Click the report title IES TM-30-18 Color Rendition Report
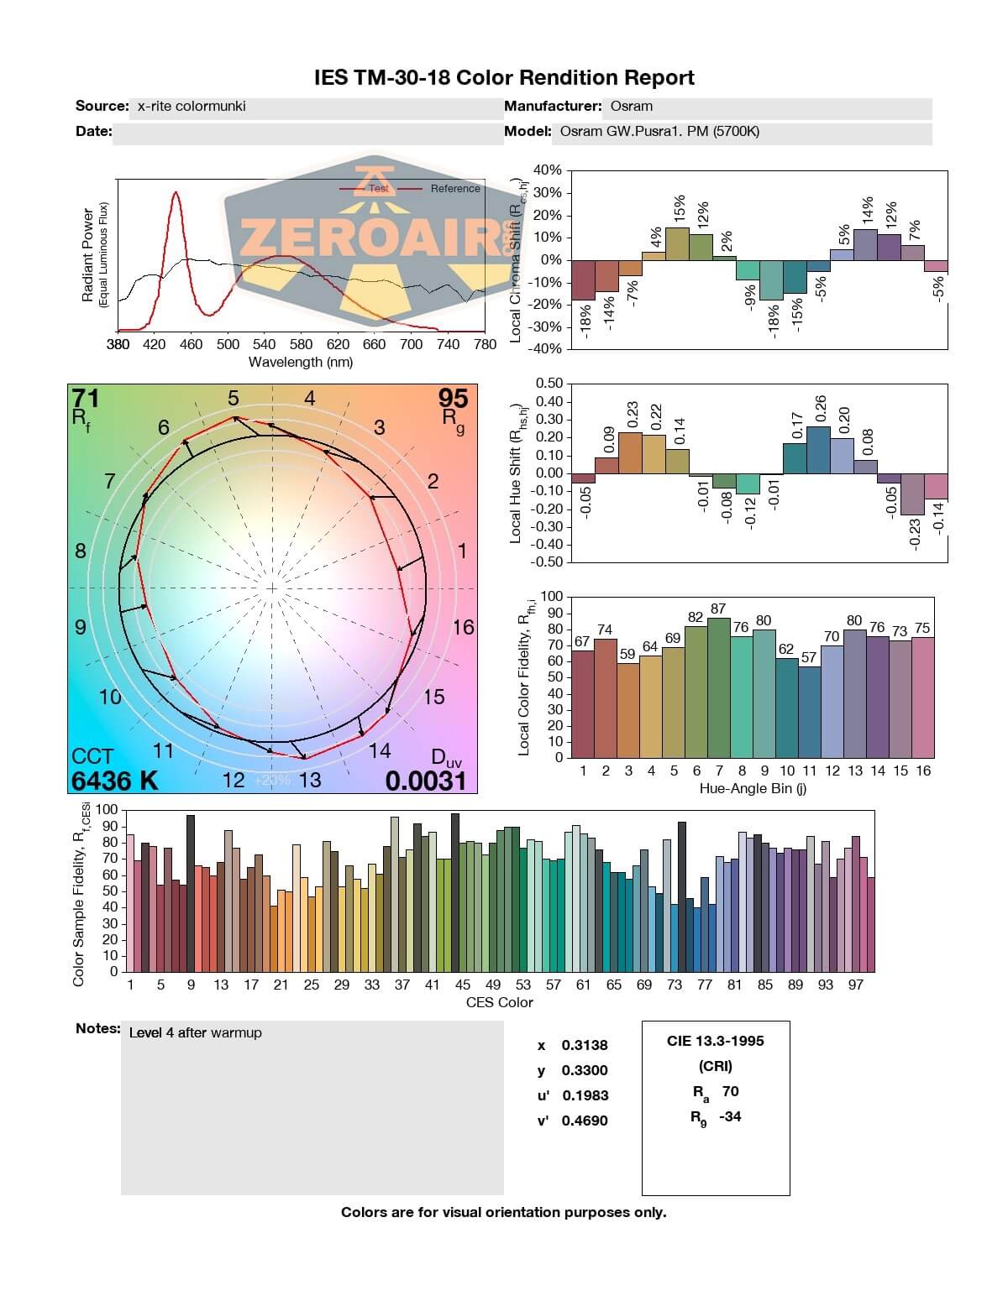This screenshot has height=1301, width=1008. tap(504, 78)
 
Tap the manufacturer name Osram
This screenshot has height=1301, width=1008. tap(632, 107)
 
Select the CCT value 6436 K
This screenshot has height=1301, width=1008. tap(115, 781)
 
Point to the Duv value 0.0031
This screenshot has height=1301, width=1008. tap(425, 781)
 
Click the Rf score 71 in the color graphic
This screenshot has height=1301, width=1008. tap(87, 398)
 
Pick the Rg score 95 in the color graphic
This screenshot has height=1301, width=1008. tap(453, 398)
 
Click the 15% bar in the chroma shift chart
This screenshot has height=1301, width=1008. tap(677, 243)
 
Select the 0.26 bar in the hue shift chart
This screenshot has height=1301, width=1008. tap(818, 450)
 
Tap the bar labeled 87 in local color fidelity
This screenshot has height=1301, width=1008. tap(718, 687)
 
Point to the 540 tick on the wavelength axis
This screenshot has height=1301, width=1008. tap(264, 344)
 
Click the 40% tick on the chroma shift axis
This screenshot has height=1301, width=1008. tap(546, 170)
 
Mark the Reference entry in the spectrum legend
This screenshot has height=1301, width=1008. tap(455, 189)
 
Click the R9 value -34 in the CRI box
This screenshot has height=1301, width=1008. tap(730, 1116)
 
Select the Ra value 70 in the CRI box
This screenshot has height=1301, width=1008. tap(730, 1091)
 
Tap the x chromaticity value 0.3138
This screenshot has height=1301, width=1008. tap(585, 1045)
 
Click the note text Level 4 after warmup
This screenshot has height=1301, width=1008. tap(195, 1032)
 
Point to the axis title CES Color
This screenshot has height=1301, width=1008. tap(499, 1002)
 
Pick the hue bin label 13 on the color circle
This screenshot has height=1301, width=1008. tap(310, 781)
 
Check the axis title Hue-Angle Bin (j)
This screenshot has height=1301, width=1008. tap(753, 789)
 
